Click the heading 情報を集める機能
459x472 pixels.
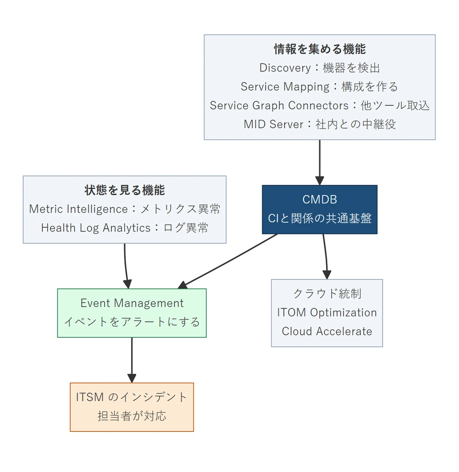click(319, 49)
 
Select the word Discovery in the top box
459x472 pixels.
click(285, 68)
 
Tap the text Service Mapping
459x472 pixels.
click(285, 87)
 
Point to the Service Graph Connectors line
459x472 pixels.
click(319, 106)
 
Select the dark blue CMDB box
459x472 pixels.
click(319, 209)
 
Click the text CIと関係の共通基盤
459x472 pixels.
click(319, 218)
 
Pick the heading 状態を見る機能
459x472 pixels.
click(125, 190)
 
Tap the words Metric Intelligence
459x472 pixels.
click(78, 209)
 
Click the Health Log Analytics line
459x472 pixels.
click(125, 228)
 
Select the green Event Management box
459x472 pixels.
click(132, 313)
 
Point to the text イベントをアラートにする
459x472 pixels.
click(132, 322)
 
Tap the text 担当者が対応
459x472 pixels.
click(132, 416)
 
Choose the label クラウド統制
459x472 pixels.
click(327, 294)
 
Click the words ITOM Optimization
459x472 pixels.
click(327, 312)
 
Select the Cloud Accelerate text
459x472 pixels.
click(327, 331)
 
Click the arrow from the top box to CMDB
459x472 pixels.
click(319, 163)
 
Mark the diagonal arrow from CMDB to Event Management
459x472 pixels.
click(228, 261)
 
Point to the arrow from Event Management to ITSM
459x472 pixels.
click(132, 360)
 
